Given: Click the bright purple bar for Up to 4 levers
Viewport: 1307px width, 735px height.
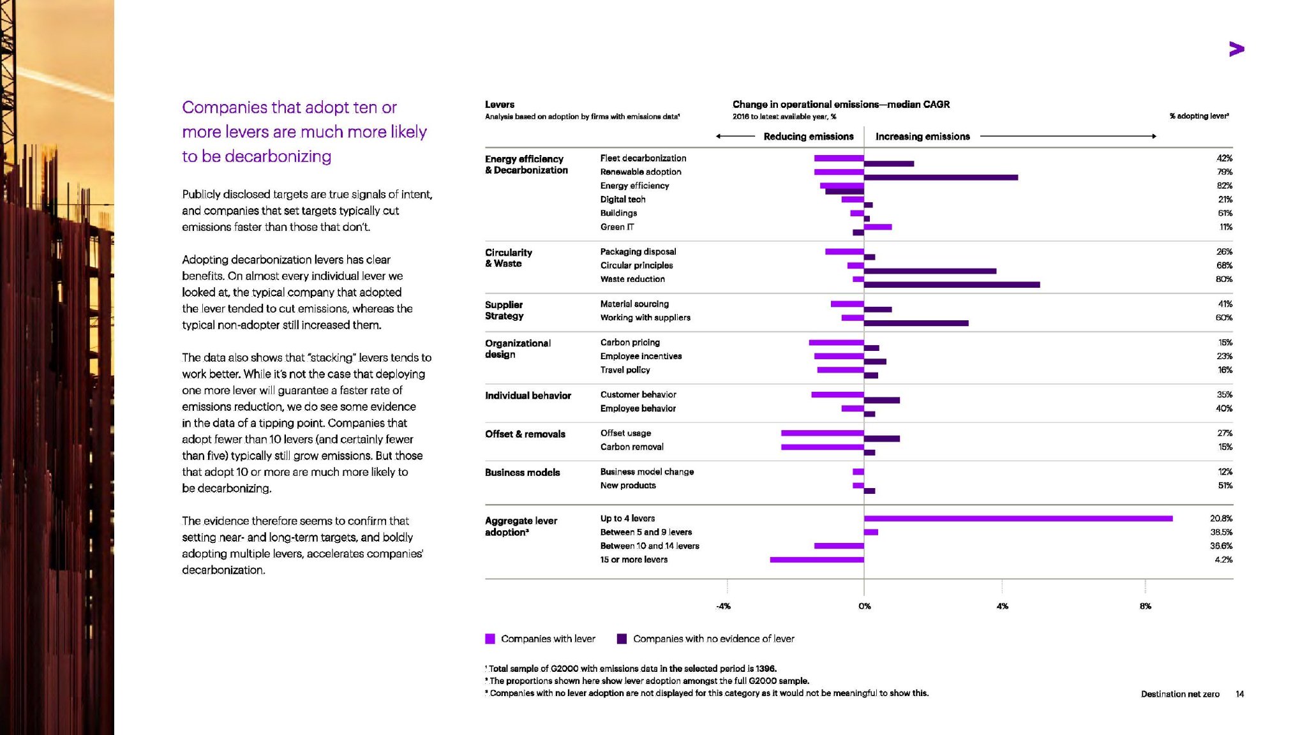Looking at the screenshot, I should pos(1018,518).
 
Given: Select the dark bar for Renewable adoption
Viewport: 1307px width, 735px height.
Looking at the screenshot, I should pos(941,177).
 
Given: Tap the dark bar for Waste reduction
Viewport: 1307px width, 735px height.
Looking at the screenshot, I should pos(952,285).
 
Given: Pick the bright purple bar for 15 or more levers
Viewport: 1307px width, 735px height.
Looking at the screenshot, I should pos(817,560).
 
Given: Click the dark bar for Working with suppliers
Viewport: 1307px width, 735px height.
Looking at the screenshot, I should pos(916,323).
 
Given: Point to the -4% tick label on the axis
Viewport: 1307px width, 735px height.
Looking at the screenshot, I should pos(723,606).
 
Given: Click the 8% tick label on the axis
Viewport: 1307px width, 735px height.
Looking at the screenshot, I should pos(1146,606).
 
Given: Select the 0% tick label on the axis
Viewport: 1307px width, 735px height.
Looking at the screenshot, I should pos(864,606).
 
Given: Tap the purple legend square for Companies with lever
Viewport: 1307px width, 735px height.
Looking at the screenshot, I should pos(490,639).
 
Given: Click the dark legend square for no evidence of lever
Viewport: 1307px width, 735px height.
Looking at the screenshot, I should pos(622,639).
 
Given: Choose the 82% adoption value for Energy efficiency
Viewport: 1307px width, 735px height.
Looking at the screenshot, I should pos(1224,186).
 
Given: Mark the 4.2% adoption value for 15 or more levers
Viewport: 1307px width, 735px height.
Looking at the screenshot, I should pos(1223,560).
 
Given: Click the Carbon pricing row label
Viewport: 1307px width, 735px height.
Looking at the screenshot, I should pos(630,343).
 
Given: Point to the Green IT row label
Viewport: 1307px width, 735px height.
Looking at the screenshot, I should pos(617,227).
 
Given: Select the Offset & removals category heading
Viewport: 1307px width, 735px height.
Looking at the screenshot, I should pos(525,434).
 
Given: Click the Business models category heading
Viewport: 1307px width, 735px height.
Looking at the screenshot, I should pos(522,473).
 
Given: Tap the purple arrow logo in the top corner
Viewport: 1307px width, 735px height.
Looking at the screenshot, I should pos(1236,49).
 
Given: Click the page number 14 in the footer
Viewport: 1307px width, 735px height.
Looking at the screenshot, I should pos(1239,694).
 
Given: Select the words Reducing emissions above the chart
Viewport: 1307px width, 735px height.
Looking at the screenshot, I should pos(808,137).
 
